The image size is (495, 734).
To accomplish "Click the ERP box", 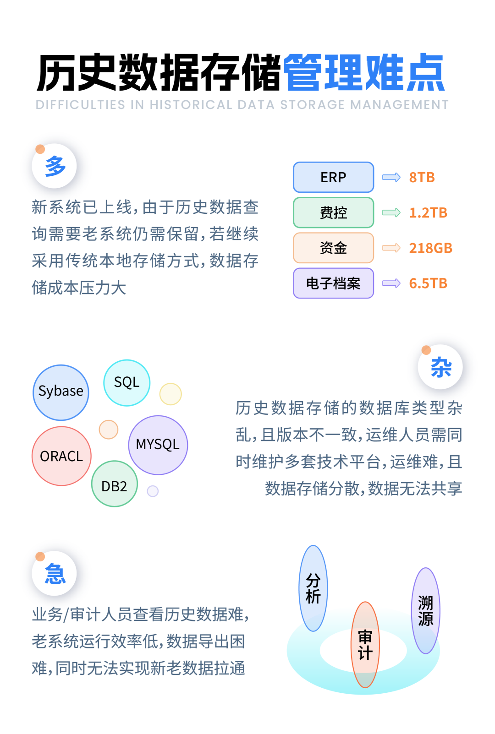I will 333,177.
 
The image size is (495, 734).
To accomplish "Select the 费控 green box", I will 333,212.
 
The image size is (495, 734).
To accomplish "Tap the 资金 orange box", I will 333,248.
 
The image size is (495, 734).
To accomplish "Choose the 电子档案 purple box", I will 333,283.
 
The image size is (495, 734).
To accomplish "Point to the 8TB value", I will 422,177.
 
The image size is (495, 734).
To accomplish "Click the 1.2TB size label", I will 428,212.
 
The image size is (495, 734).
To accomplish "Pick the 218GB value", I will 430,248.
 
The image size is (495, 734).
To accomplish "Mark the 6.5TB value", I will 428,283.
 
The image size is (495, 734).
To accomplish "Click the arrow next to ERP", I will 391,177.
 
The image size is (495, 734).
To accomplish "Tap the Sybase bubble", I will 61,392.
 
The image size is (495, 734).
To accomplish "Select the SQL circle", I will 126,383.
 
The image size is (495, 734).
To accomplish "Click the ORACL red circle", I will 61,456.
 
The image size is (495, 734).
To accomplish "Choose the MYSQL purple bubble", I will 158,445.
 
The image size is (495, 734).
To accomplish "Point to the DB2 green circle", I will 114,484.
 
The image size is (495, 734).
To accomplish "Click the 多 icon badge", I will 55,166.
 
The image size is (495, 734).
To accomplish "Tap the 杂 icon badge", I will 440,367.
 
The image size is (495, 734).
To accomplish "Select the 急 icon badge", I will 55,573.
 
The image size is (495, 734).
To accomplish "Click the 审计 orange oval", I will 365,644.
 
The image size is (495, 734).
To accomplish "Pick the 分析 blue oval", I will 313,588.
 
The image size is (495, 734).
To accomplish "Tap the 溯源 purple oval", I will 426,610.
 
